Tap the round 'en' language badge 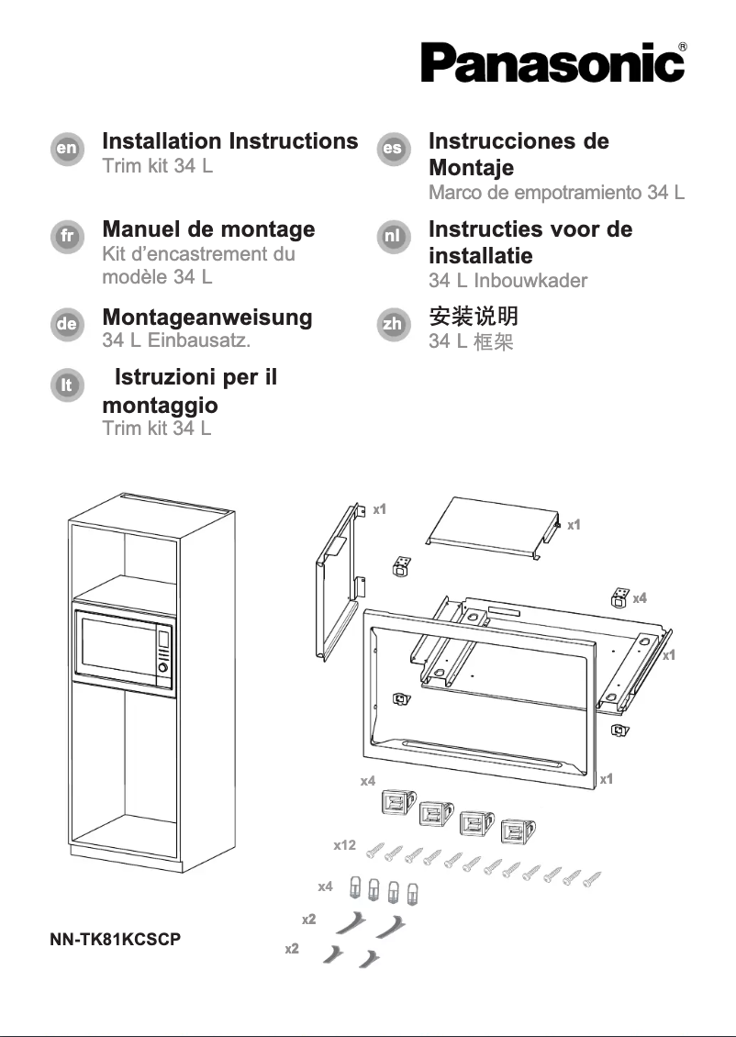click(66, 148)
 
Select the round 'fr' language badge click(66, 236)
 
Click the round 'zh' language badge click(394, 324)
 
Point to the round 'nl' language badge click(394, 236)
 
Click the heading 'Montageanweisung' click(206, 318)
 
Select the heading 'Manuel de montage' click(208, 229)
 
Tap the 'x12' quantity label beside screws click(344, 844)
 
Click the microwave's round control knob click(163, 670)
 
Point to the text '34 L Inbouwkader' click(507, 281)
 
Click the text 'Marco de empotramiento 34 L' click(556, 193)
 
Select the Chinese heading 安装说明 click(474, 317)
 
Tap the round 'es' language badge click(394, 148)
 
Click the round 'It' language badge click(66, 385)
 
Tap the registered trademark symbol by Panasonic click(683, 46)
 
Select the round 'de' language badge click(66, 324)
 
